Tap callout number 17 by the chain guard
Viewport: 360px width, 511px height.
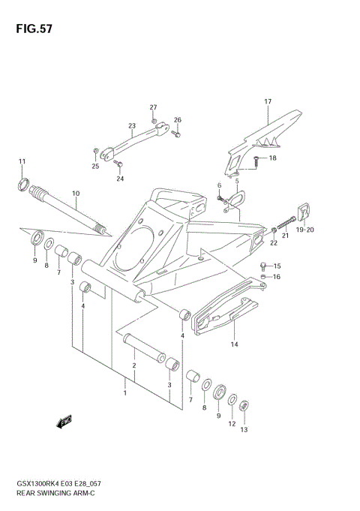point(266,101)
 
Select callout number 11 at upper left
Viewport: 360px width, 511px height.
point(22,161)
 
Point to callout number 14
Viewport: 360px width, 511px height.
point(234,344)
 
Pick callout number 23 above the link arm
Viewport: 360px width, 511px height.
point(131,125)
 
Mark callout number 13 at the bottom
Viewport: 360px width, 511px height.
point(243,430)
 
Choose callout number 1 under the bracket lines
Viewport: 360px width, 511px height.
point(124,392)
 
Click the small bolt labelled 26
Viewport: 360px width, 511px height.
point(177,135)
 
